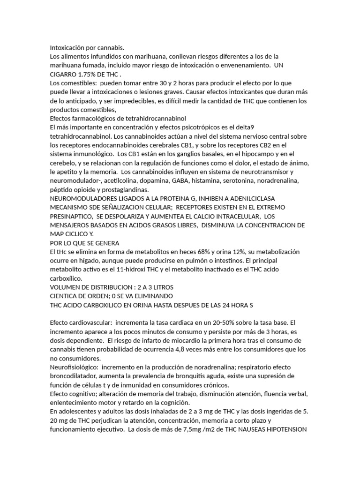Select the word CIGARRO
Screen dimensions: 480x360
65,74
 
